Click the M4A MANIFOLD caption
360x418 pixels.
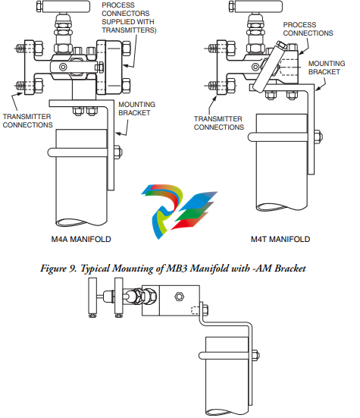tap(81, 239)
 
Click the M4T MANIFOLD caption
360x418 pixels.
tap(280, 239)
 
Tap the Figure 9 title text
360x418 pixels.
tap(173, 269)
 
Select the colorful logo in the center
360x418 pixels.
tap(179, 211)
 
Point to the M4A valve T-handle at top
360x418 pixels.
tap(63, 6)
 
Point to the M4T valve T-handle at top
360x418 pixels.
tap(255, 6)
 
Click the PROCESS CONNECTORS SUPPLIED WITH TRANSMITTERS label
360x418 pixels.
tap(129, 17)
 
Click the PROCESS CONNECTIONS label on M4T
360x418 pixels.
tap(308, 29)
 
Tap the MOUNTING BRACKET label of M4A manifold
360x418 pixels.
tap(137, 108)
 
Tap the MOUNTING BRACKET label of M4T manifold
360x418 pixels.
tap(327, 68)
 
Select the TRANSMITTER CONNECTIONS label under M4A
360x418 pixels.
tap(28, 121)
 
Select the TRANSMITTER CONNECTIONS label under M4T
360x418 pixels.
tap(219, 123)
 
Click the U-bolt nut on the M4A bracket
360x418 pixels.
tap(118, 152)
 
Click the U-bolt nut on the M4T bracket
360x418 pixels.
tap(318, 137)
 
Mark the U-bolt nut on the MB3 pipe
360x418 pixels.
tap(255, 356)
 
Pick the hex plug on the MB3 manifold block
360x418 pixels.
tap(180, 297)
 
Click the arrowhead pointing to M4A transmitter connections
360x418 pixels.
tap(20, 93)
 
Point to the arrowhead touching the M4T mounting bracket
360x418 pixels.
tap(318, 89)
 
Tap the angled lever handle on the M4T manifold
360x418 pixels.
tap(269, 68)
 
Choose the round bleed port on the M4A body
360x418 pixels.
tap(63, 67)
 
